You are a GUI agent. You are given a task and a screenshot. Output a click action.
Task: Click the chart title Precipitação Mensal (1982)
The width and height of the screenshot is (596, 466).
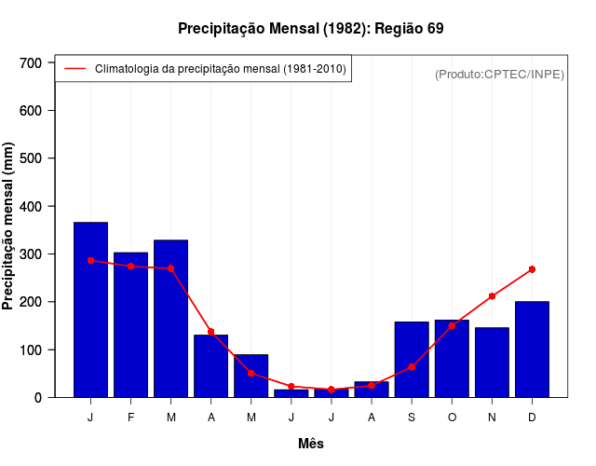[310, 28]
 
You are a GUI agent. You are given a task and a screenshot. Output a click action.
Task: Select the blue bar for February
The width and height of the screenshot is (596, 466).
[130, 324]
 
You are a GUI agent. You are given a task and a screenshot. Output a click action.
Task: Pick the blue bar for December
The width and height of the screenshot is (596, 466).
[532, 349]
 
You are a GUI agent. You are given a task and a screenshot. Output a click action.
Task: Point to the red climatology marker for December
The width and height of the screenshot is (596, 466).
[532, 269]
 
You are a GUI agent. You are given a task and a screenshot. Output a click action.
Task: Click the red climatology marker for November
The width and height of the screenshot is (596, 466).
[492, 296]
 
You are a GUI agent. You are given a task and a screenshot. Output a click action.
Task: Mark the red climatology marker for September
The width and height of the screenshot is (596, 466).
[412, 367]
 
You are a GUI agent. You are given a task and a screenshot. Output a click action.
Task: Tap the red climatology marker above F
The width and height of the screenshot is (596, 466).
[130, 267]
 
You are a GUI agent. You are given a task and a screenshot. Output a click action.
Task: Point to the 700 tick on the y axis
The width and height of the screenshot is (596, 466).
[43, 62]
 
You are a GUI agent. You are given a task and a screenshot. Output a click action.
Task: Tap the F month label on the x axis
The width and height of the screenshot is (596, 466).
[130, 418]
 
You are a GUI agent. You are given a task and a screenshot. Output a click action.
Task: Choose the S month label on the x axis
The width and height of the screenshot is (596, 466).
[412, 418]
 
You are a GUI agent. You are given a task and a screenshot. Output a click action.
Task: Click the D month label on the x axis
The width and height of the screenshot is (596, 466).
[532, 418]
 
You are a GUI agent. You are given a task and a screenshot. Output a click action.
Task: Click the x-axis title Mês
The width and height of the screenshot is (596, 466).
[311, 444]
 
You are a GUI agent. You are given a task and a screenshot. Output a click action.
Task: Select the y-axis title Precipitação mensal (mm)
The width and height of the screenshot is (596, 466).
[9, 226]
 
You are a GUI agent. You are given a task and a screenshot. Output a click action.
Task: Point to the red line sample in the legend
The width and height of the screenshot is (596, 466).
[74, 69]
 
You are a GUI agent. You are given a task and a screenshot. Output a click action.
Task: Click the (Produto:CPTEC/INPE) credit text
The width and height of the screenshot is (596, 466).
[499, 74]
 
